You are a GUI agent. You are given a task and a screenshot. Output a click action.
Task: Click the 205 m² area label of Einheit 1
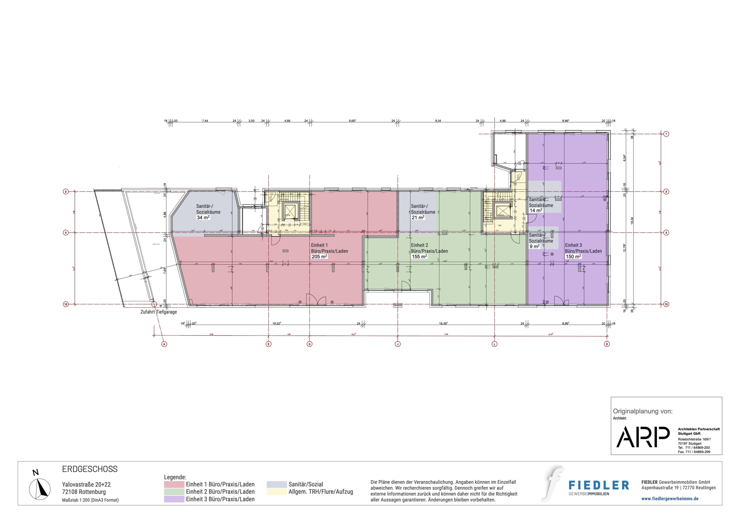coord(319,257)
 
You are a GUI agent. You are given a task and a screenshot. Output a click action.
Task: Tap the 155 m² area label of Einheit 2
coord(419,257)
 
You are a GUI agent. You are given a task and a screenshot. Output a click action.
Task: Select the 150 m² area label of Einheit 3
coord(573,257)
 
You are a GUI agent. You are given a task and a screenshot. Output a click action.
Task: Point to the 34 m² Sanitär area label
coord(203,218)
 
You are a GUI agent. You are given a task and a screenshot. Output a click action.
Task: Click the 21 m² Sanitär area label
coord(418,218)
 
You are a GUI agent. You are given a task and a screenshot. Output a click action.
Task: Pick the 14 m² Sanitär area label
coord(536,211)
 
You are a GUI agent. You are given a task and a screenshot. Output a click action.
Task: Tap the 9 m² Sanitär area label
coord(534,247)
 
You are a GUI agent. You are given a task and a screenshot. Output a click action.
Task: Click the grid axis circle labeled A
coord(164,344)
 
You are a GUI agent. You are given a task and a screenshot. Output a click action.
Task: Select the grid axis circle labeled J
coord(398,344)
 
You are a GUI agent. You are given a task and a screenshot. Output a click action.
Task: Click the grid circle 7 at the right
coord(666,134)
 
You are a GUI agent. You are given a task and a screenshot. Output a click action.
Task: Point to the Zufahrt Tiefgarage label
coord(158,312)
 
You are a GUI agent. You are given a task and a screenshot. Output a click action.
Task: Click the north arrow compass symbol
coord(40,489)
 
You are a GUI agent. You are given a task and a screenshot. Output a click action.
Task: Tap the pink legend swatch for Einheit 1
coord(174,484)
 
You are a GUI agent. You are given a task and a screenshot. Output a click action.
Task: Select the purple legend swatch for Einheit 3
coord(174,499)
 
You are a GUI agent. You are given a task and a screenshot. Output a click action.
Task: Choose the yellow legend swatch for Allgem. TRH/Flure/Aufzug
coord(276,492)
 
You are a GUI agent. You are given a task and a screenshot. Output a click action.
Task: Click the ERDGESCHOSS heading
coord(90,469)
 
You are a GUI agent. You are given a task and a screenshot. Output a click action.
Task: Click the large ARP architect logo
coord(643,437)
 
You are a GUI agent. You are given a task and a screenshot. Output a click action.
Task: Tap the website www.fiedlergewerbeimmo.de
coord(670,499)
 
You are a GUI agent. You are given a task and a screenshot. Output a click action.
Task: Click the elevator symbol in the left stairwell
coord(289,211)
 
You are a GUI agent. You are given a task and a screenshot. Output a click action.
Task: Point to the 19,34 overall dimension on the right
coord(632,221)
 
